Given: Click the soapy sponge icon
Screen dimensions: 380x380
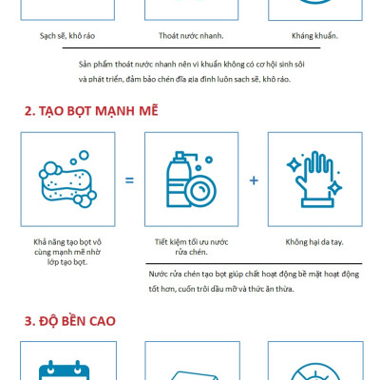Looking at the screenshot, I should pyautogui.click(x=66, y=179).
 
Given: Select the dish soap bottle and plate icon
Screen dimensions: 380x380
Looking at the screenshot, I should pyautogui.click(x=191, y=179).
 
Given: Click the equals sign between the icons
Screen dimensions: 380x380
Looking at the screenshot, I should pyautogui.click(x=128, y=180).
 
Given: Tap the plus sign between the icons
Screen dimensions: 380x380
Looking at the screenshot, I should pyautogui.click(x=254, y=180).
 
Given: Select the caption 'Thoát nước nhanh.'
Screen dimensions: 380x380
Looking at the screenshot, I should pyautogui.click(x=190, y=36).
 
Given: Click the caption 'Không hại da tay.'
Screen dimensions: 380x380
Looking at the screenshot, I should pyautogui.click(x=313, y=241).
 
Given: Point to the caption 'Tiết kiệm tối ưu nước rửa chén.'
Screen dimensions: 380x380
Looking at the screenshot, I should pyautogui.click(x=191, y=247).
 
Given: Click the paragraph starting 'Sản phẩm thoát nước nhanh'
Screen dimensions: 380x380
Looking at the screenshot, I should pyautogui.click(x=190, y=71).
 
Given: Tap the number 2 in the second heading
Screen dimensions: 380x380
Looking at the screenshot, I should pyautogui.click(x=28, y=110).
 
